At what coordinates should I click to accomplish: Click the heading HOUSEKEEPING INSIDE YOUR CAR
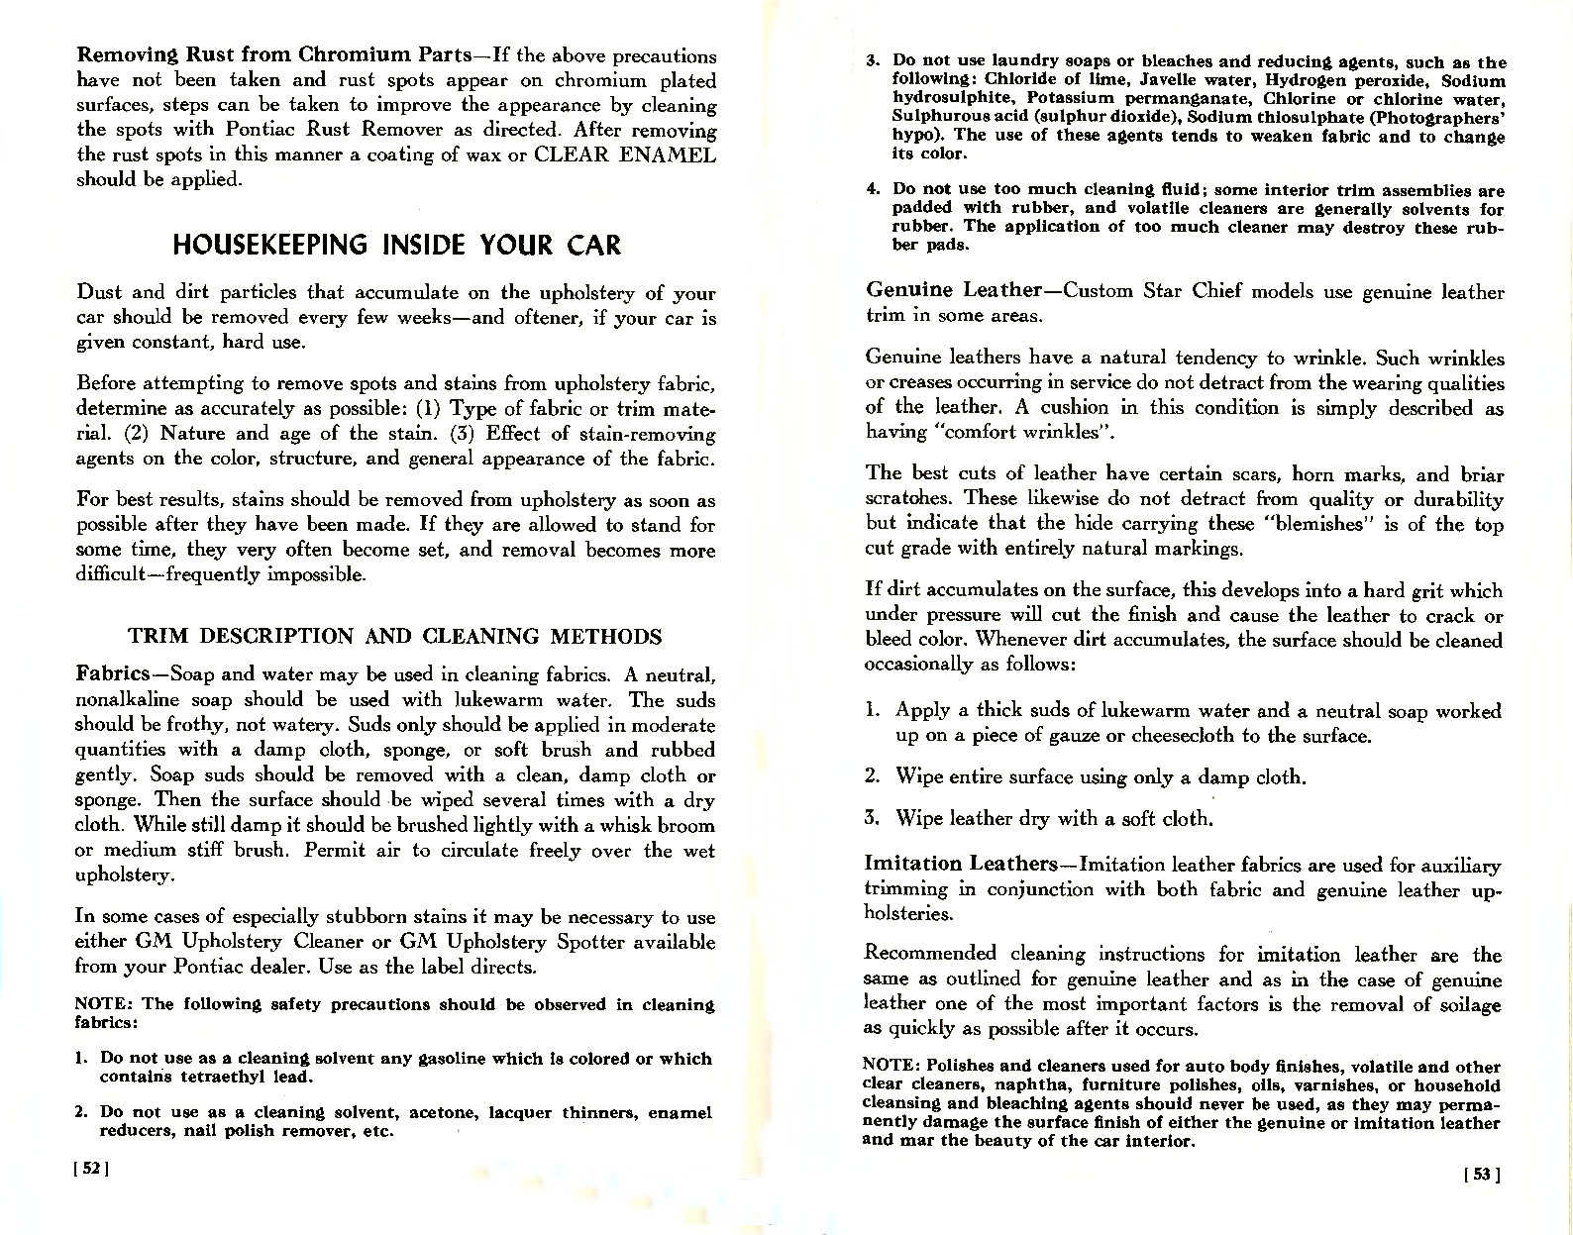pyautogui.click(x=396, y=245)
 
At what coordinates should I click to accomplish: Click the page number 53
pyautogui.click(x=1483, y=1176)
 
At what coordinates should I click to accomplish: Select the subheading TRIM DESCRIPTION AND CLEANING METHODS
pyautogui.click(x=395, y=636)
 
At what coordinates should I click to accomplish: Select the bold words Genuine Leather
pyautogui.click(x=952, y=290)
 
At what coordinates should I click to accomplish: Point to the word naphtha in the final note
pyautogui.click(x=1014, y=1085)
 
